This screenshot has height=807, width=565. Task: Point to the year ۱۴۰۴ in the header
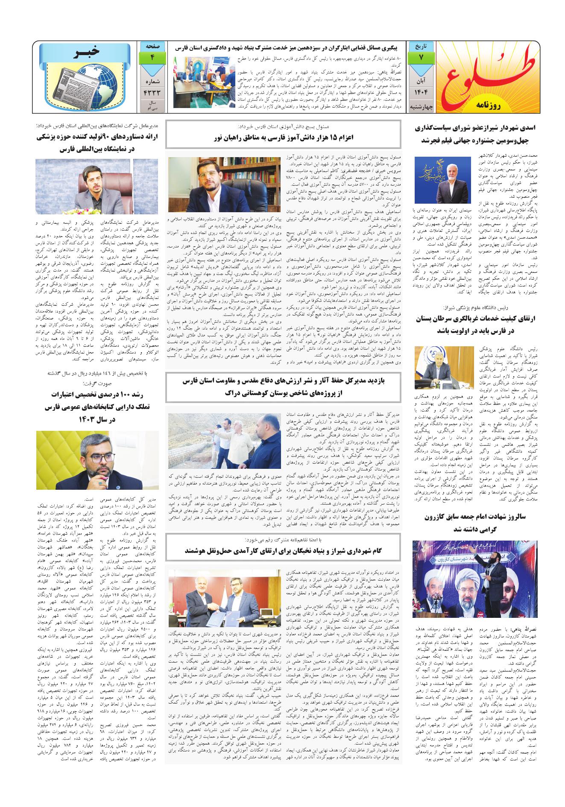tap(420, 92)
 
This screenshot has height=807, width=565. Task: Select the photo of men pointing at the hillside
tap(224, 441)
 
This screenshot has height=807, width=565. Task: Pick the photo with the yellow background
tap(97, 460)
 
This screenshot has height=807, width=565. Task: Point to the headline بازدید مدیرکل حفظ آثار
tap(283, 386)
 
